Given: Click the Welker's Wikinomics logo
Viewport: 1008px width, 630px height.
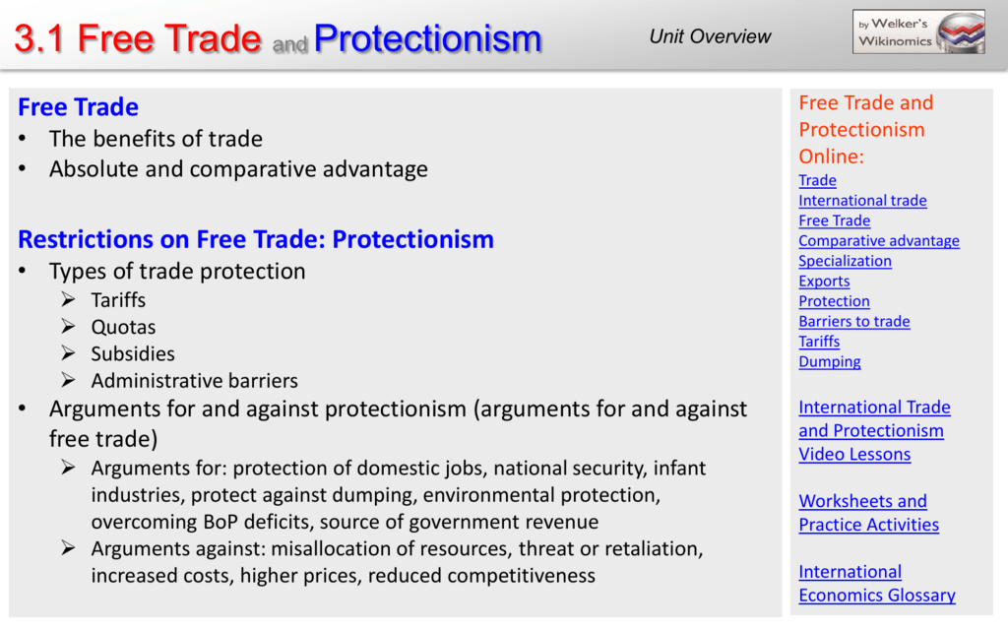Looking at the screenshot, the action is [918, 31].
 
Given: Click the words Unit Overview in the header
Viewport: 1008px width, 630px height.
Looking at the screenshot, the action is [710, 36].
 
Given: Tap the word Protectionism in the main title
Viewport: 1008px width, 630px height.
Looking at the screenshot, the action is [427, 38].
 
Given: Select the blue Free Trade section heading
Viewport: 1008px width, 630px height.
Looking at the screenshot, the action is [78, 106].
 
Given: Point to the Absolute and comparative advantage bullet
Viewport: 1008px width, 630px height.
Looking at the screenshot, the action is [238, 169].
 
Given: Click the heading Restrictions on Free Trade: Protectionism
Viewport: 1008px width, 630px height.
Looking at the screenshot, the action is [256, 239].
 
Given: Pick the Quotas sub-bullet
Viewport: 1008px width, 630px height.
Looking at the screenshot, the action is [123, 327].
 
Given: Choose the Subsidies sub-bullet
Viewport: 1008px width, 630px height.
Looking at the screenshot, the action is [133, 354].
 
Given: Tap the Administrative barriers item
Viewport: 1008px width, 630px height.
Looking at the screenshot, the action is [194, 381].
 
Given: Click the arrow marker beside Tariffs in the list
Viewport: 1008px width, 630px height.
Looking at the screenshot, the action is [69, 299].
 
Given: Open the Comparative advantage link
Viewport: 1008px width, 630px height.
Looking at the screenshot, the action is [879, 240].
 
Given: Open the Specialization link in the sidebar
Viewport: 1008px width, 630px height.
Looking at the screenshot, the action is [845, 261].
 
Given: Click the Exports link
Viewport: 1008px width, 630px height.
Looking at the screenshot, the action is [824, 281].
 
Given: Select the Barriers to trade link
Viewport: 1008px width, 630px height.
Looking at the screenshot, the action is [854, 322].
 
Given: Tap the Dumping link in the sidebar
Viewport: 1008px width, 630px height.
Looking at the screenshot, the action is [829, 362].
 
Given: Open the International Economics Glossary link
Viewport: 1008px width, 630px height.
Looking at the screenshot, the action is [877, 584].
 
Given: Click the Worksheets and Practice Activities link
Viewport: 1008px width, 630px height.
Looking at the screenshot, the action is [868, 513].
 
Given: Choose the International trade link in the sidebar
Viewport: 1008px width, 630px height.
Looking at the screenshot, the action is [862, 201].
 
